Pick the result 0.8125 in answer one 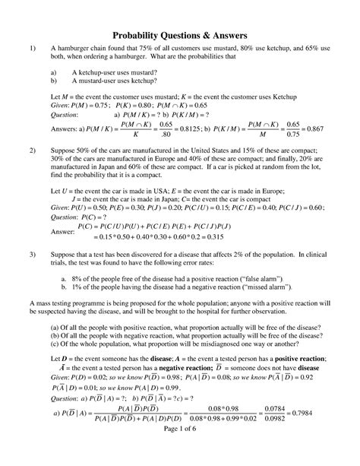(x=193, y=129)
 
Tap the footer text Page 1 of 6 (x=180, y=450)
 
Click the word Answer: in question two (x=62, y=230)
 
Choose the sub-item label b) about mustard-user (x=53, y=79)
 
